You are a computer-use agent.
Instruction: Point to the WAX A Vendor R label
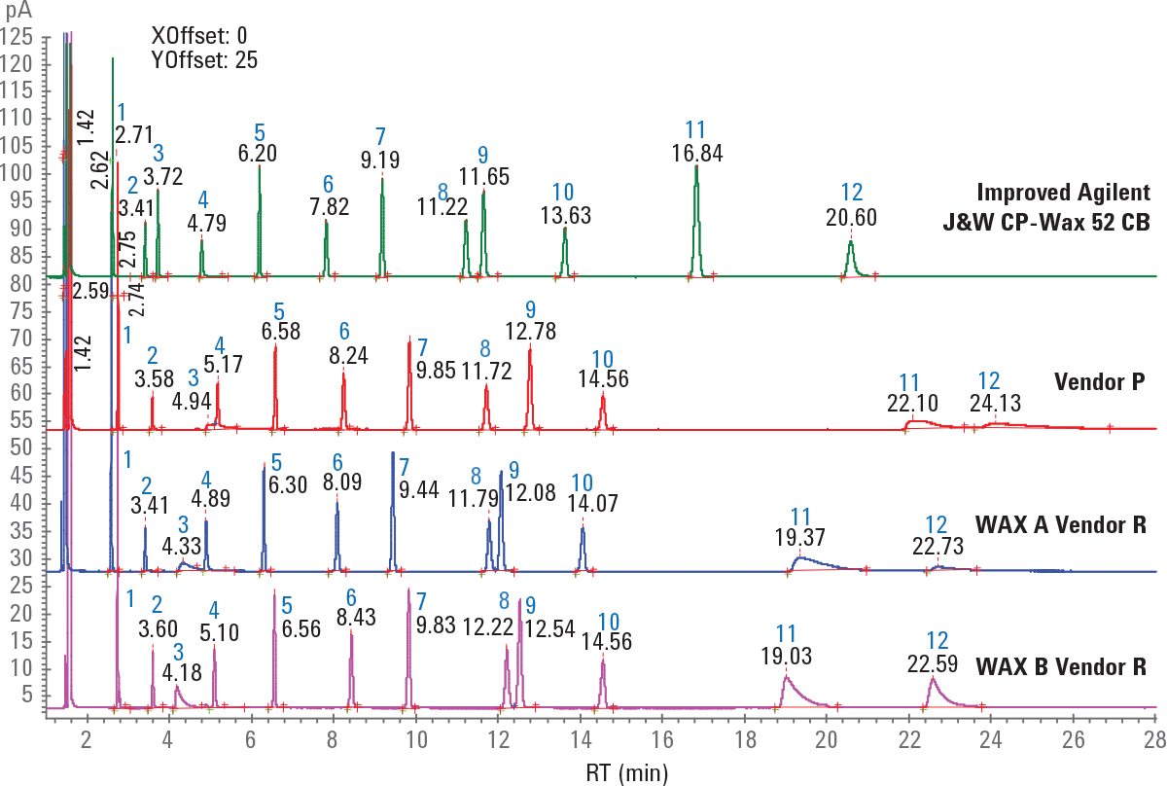pos(1066,526)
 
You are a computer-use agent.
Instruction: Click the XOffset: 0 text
pos(199,36)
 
